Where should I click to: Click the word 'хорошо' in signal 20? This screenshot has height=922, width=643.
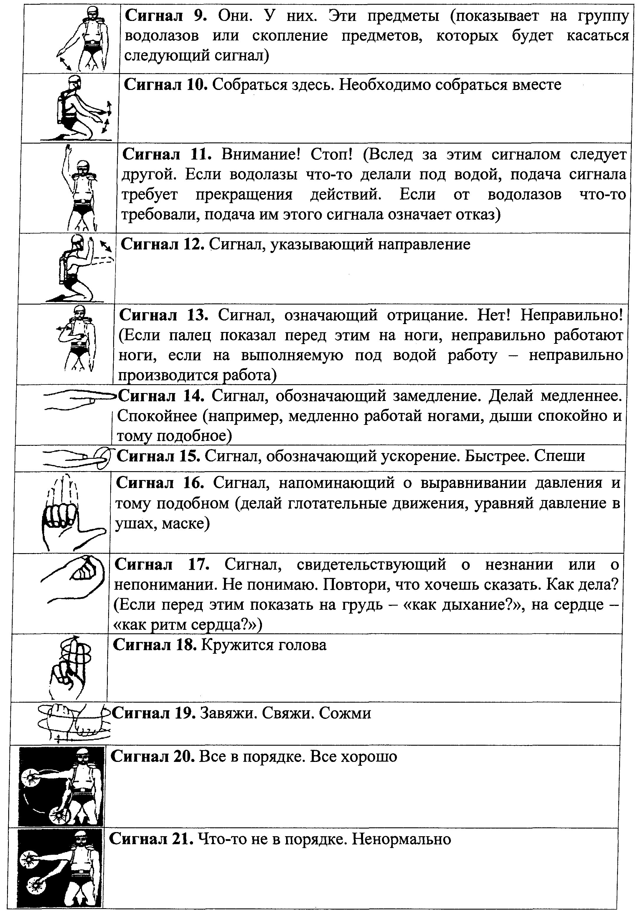(368, 757)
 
